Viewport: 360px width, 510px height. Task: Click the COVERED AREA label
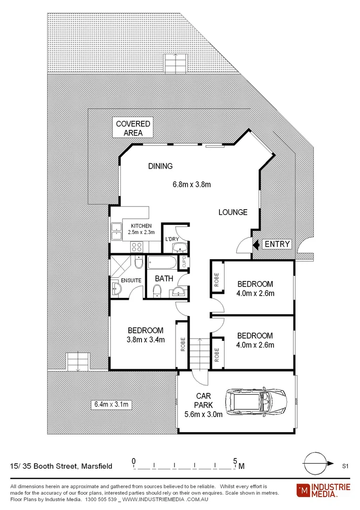pyautogui.click(x=133, y=128)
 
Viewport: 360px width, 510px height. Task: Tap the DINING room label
pyautogui.click(x=160, y=166)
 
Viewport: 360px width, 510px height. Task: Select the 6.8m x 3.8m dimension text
pyautogui.click(x=191, y=184)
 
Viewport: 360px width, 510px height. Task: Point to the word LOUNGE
pyautogui.click(x=233, y=212)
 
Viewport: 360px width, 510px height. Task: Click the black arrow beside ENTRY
pyautogui.click(x=256, y=244)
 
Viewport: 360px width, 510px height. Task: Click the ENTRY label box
pyautogui.click(x=277, y=244)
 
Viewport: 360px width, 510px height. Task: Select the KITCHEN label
pyautogui.click(x=142, y=226)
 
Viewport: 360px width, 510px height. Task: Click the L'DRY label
pyautogui.click(x=171, y=239)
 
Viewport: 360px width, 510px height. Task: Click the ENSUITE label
pyautogui.click(x=131, y=280)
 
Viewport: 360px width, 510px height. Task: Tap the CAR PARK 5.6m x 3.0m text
pyautogui.click(x=203, y=405)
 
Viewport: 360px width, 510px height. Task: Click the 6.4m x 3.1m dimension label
pyautogui.click(x=111, y=404)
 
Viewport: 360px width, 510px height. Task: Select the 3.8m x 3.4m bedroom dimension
pyautogui.click(x=146, y=340)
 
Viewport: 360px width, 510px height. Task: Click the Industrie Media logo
pyautogui.click(x=323, y=490)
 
